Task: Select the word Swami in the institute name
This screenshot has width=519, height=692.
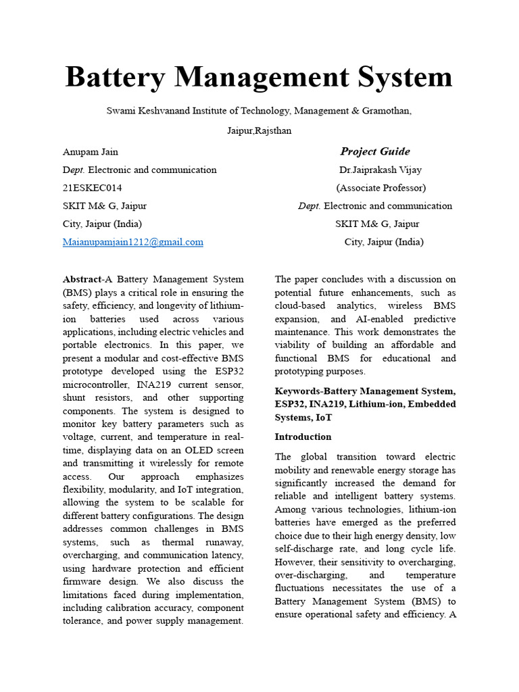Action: coord(120,111)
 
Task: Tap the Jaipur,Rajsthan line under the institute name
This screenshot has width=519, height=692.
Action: coord(259,130)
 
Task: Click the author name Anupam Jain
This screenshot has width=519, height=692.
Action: coord(90,152)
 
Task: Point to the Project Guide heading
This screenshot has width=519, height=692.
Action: coord(375,151)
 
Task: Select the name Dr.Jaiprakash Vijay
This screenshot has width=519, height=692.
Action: coord(380,170)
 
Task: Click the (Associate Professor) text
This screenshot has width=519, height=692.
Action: coord(381,188)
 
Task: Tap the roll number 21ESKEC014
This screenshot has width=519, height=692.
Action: coord(93,188)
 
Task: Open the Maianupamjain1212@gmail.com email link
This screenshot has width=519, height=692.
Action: coord(133,242)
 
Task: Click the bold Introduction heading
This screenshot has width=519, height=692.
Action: coord(303,437)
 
